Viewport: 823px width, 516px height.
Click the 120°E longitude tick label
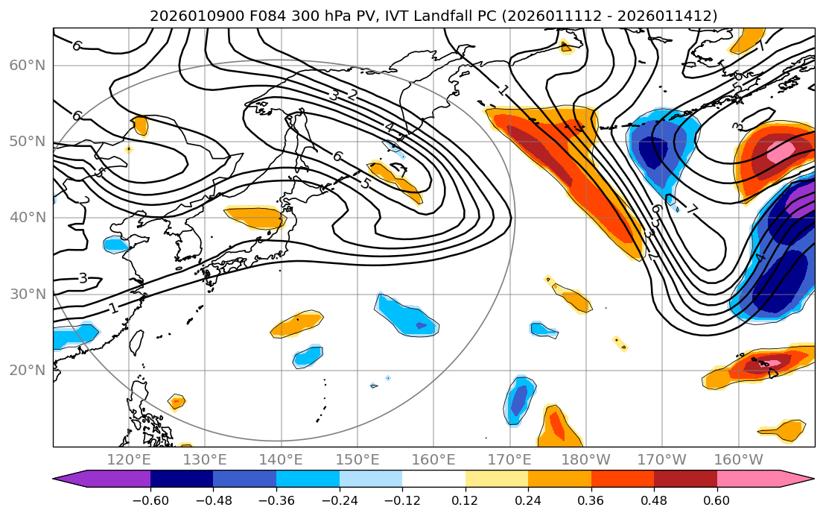click(129, 459)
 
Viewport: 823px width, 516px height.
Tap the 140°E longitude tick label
click(281, 459)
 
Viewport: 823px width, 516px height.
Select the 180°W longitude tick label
click(585, 459)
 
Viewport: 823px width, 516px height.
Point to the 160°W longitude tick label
click(737, 459)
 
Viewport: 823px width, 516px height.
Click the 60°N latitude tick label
click(28, 66)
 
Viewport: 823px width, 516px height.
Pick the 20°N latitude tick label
click(28, 371)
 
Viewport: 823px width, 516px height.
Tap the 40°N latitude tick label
click(28, 218)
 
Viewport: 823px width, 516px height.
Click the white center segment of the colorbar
click(433, 479)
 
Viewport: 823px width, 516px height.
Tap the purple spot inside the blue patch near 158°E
click(422, 326)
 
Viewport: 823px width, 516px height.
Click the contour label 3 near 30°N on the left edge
click(83, 278)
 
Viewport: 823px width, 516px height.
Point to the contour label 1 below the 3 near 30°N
click(112, 307)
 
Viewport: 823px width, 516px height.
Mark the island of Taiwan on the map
click(136, 342)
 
